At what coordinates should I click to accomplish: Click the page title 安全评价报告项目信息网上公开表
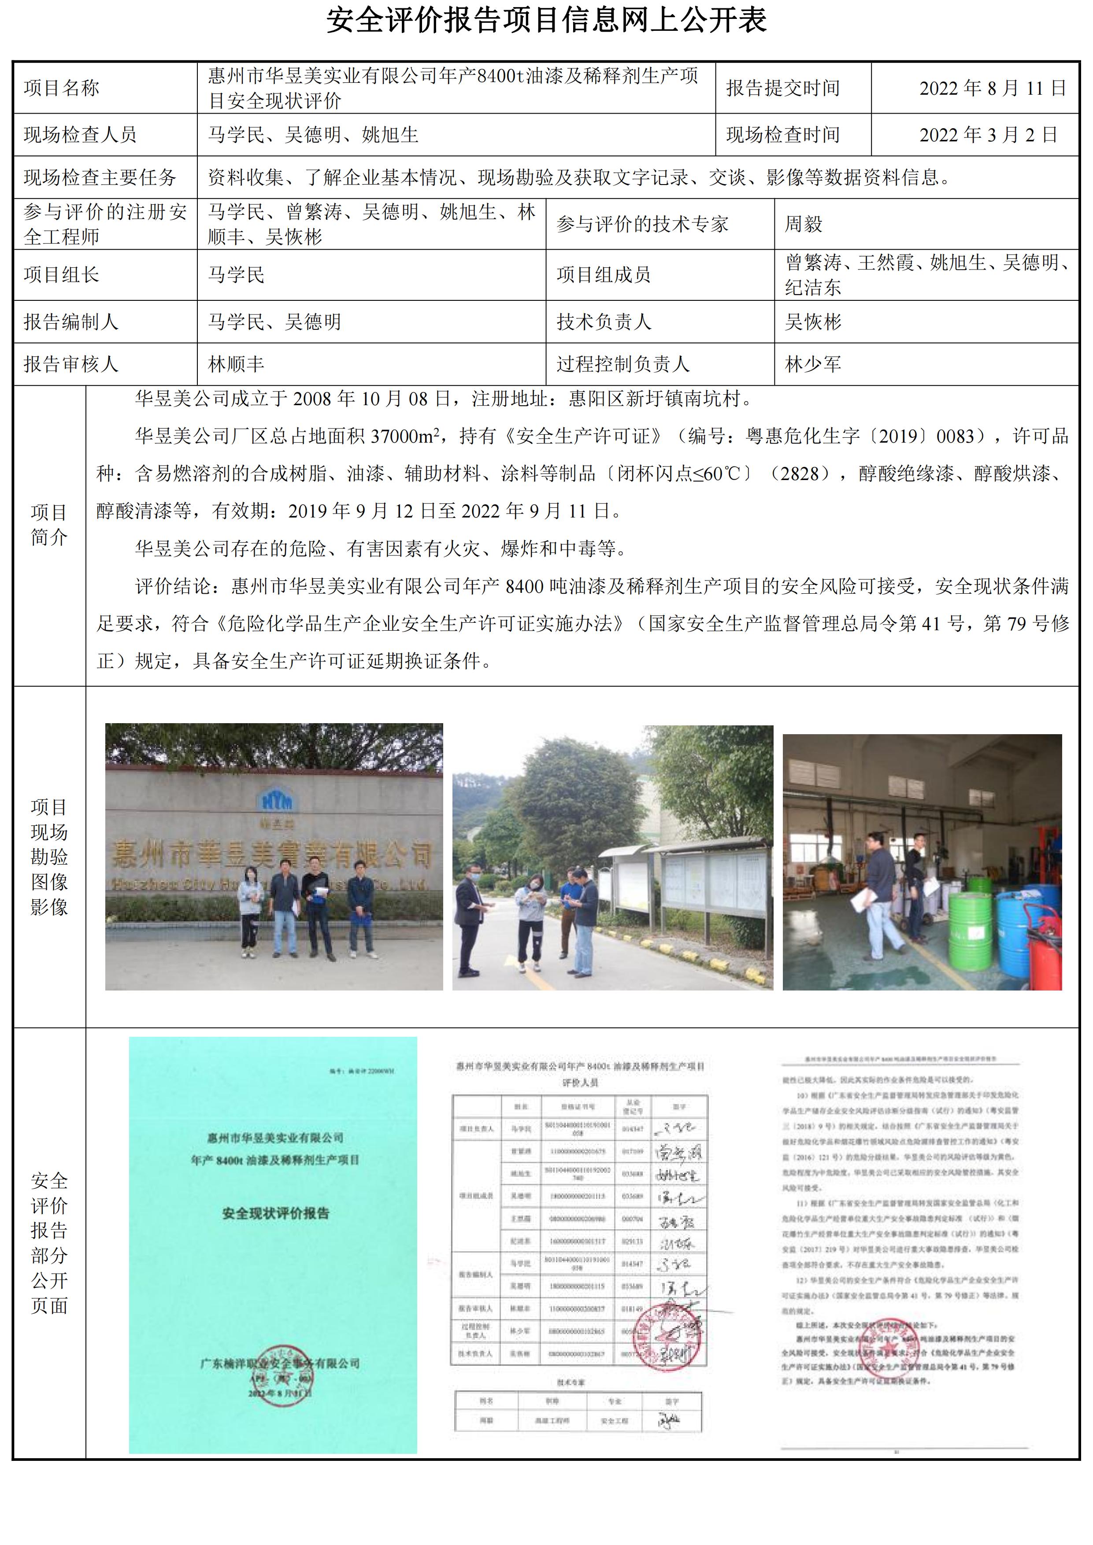pos(546,21)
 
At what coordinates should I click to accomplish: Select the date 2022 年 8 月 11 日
pos(993,88)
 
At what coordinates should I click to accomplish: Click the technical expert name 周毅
pos(803,224)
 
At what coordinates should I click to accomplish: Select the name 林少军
pos(812,364)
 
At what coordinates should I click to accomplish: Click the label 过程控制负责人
pos(622,364)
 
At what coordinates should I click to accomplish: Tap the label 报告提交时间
pos(783,88)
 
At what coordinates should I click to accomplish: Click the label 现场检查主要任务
pos(100,177)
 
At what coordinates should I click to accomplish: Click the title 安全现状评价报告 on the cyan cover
pos(275,1214)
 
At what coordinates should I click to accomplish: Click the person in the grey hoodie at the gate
pos(250,909)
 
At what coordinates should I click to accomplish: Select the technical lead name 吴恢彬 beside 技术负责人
pos(812,322)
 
